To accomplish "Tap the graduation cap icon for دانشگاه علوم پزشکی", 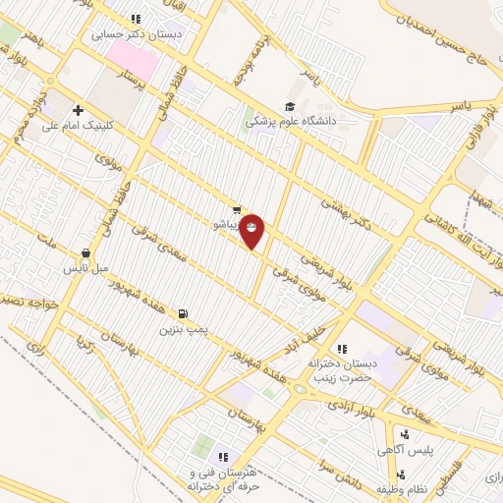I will [290, 107].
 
